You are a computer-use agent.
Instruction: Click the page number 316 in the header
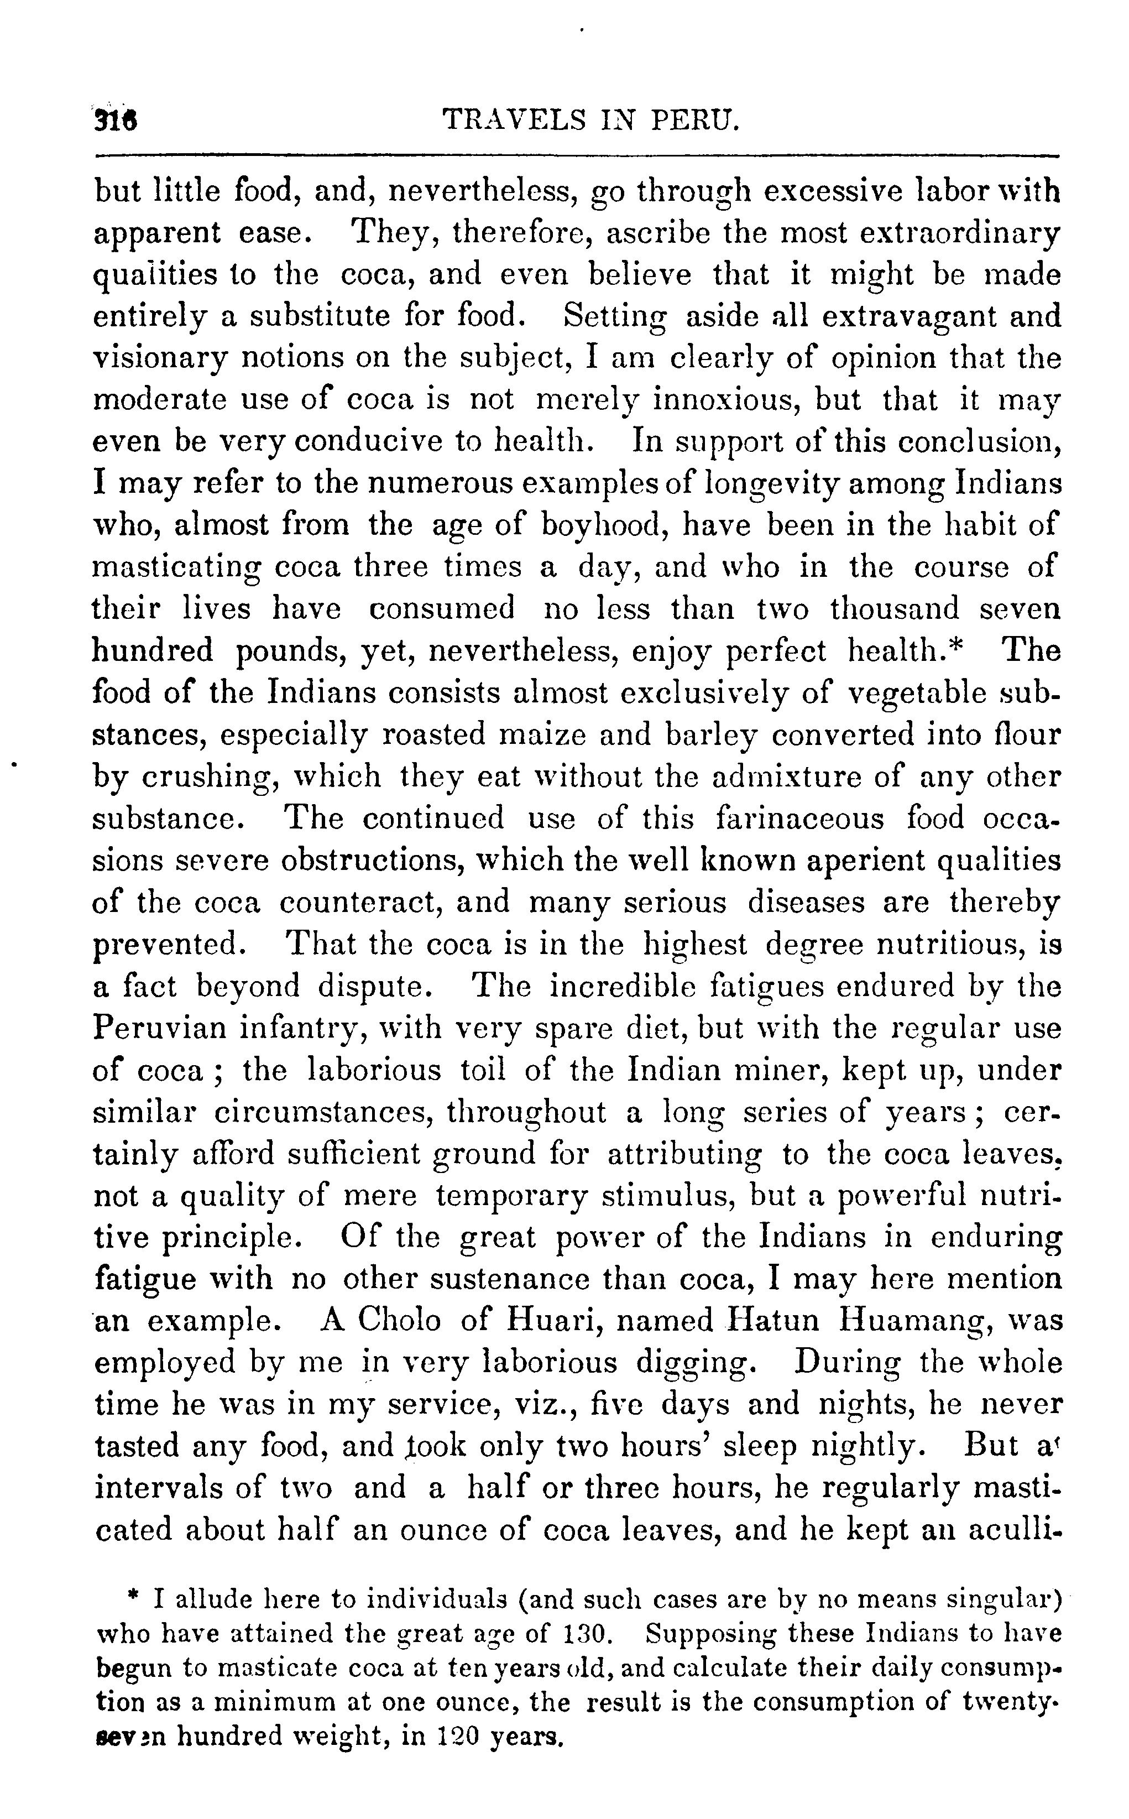119,119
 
